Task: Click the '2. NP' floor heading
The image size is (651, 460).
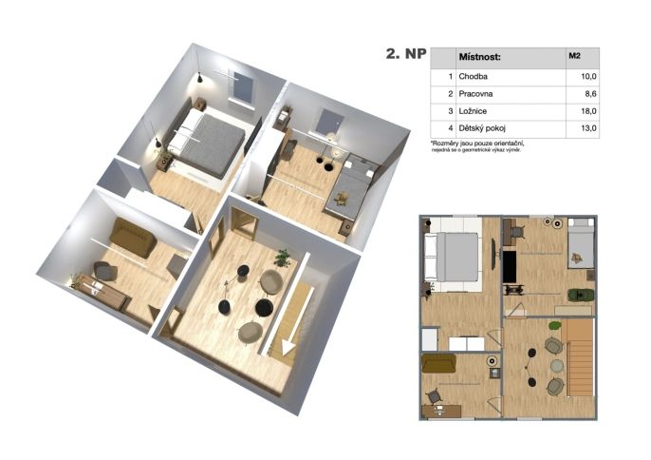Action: click(406, 54)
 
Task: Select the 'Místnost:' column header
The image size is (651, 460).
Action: click(479, 57)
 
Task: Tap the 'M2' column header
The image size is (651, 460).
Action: click(574, 55)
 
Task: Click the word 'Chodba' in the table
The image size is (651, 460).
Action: click(473, 77)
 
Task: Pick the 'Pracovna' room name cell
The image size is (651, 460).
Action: click(475, 94)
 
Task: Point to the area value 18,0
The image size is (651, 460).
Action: click(588, 111)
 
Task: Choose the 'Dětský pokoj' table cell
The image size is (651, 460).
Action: click(482, 128)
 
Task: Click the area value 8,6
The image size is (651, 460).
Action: click(590, 94)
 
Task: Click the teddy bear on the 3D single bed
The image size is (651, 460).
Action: click(342, 199)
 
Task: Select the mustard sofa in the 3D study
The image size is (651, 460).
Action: click(133, 237)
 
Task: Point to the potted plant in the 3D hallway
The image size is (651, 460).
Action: click(283, 258)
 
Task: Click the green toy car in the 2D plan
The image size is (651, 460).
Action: click(581, 295)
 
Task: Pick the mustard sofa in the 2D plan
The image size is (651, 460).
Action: click(438, 363)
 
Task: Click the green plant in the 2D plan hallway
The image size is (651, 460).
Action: click(554, 325)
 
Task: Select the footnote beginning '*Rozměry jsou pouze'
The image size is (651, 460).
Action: click(477, 146)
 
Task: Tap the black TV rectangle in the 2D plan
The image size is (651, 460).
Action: click(510, 267)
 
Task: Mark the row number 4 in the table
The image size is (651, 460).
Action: click(451, 128)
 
